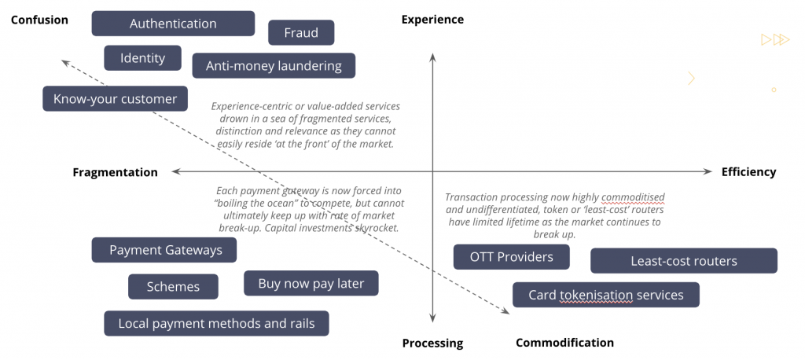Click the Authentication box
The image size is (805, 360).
(x=173, y=24)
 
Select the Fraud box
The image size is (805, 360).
(x=301, y=33)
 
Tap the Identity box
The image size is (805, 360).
(x=142, y=58)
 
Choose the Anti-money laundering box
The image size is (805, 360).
(x=274, y=66)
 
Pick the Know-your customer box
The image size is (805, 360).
(x=115, y=99)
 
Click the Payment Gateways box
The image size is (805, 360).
(x=165, y=250)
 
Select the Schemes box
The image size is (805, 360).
(x=173, y=287)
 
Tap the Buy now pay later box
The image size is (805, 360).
(x=311, y=284)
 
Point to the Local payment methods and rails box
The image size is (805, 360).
(x=216, y=323)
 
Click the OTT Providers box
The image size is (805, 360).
(x=511, y=257)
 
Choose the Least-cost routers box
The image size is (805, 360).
(x=683, y=261)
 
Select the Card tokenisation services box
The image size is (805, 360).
(x=605, y=296)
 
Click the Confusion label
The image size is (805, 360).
(x=39, y=20)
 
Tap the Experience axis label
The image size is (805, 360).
(x=432, y=19)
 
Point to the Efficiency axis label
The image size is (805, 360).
(x=748, y=172)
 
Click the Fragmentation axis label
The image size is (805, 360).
(x=115, y=172)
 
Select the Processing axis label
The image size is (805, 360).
(x=432, y=343)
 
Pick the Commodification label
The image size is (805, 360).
(x=564, y=343)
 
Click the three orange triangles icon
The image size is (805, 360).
(x=775, y=39)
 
